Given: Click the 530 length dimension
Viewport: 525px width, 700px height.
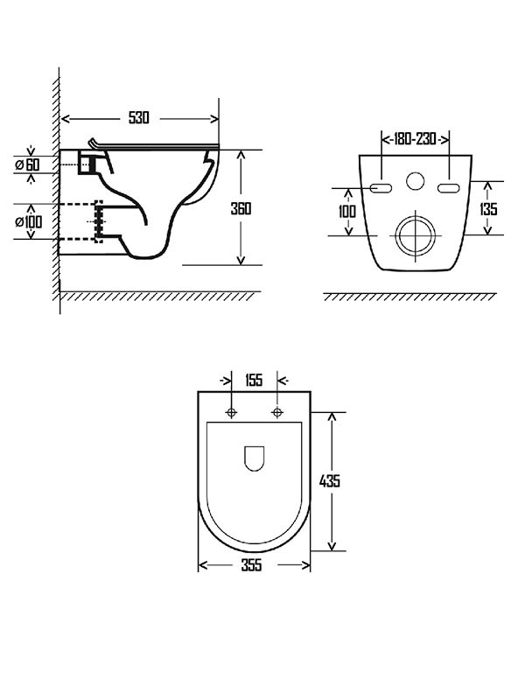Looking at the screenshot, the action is [x=139, y=118].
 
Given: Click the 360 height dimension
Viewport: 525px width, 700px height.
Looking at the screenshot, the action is [x=241, y=208].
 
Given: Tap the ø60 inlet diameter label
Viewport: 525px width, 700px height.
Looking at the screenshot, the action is [x=28, y=164].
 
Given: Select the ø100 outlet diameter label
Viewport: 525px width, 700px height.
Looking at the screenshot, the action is [x=29, y=221].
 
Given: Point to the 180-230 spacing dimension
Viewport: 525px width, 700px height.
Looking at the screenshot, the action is [x=415, y=139].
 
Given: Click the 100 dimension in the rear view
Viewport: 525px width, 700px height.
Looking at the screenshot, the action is [x=347, y=211].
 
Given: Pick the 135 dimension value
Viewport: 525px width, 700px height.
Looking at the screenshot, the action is [x=488, y=209].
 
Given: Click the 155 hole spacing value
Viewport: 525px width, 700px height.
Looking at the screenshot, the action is [x=254, y=381].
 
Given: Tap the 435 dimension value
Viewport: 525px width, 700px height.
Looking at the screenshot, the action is [x=330, y=480].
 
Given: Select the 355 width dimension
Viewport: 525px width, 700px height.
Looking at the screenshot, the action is [x=251, y=565].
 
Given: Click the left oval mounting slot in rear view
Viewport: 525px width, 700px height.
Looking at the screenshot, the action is [x=381, y=188].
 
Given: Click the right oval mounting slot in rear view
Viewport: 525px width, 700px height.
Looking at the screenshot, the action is [x=449, y=188].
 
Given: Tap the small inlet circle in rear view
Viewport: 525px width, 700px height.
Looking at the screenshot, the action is [x=415, y=181].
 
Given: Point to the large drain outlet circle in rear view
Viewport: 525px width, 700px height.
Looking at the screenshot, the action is [x=416, y=235].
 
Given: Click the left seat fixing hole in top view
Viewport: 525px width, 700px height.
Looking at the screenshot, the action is [x=231, y=412].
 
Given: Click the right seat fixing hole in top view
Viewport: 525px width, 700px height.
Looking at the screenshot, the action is [x=277, y=412].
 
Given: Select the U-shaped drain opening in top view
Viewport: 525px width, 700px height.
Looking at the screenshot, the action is [x=255, y=458].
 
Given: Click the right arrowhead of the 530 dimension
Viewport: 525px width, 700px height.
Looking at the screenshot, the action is [x=215, y=119].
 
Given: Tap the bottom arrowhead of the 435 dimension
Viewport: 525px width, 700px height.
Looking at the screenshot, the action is [x=332, y=546].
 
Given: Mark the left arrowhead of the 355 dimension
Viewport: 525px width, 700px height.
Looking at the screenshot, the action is [x=203, y=565].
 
